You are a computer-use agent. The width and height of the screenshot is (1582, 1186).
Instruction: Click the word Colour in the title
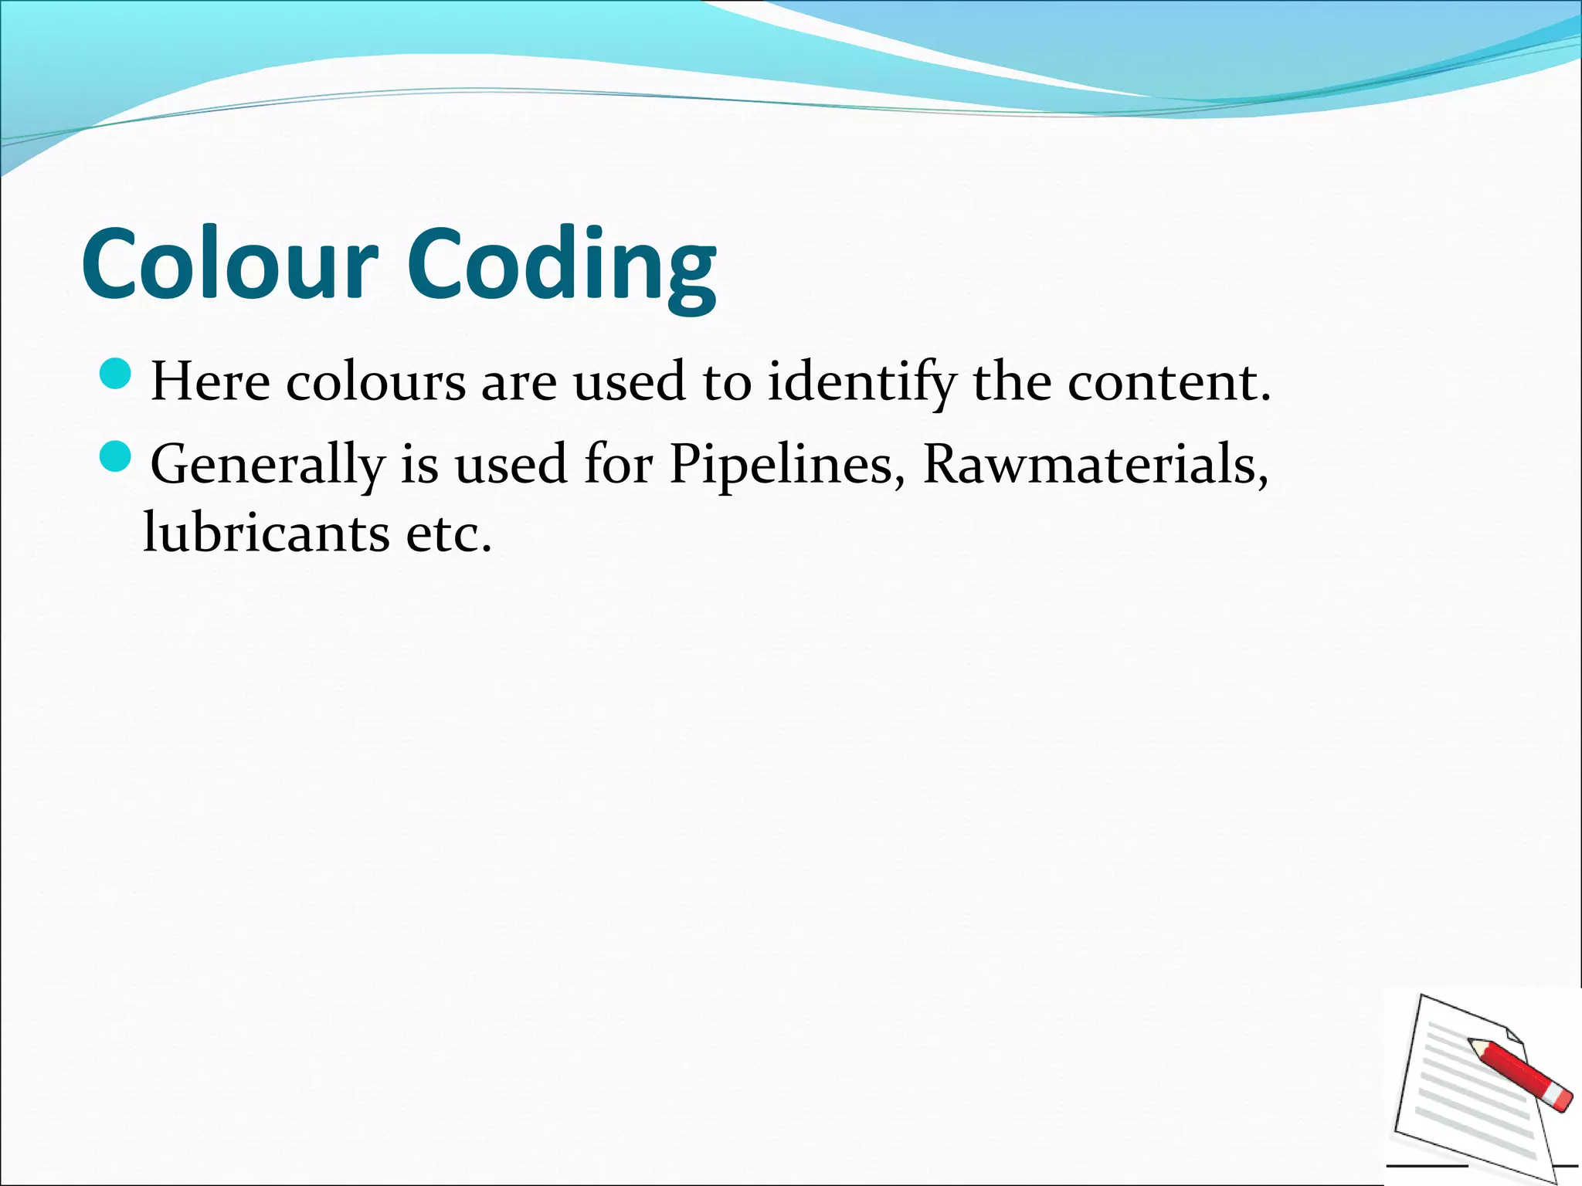coord(229,265)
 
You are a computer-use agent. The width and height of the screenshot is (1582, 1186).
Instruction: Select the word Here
coord(210,381)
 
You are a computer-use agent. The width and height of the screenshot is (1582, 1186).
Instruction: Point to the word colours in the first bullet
coord(376,381)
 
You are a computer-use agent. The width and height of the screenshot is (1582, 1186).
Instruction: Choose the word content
coord(1169,381)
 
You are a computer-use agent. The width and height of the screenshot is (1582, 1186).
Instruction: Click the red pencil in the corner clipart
coord(1519,1073)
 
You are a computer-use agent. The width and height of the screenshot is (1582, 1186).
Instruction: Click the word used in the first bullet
coord(629,381)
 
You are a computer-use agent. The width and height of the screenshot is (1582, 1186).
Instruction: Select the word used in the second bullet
coord(511,465)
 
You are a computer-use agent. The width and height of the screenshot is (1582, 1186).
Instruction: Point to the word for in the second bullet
coord(619,465)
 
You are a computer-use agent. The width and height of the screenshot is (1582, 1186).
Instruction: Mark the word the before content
coord(1011,381)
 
